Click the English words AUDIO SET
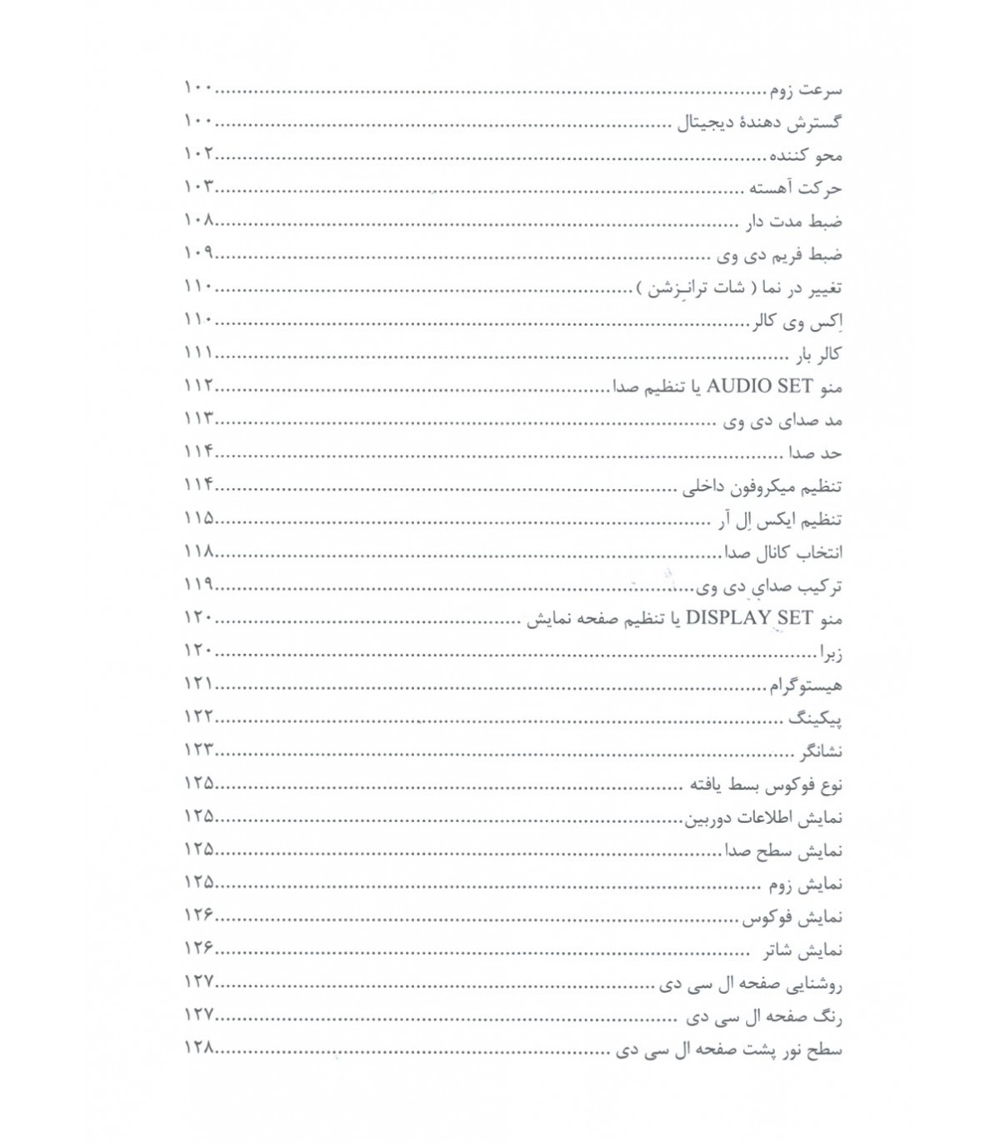click(747, 387)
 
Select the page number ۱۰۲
click(199, 154)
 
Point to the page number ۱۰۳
click(199, 187)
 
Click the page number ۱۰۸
click(199, 221)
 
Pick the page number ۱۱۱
click(199, 353)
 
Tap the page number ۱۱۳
click(199, 419)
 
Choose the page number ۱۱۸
click(199, 552)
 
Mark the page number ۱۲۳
click(199, 751)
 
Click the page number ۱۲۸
click(199, 1049)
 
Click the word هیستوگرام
click(805, 685)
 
